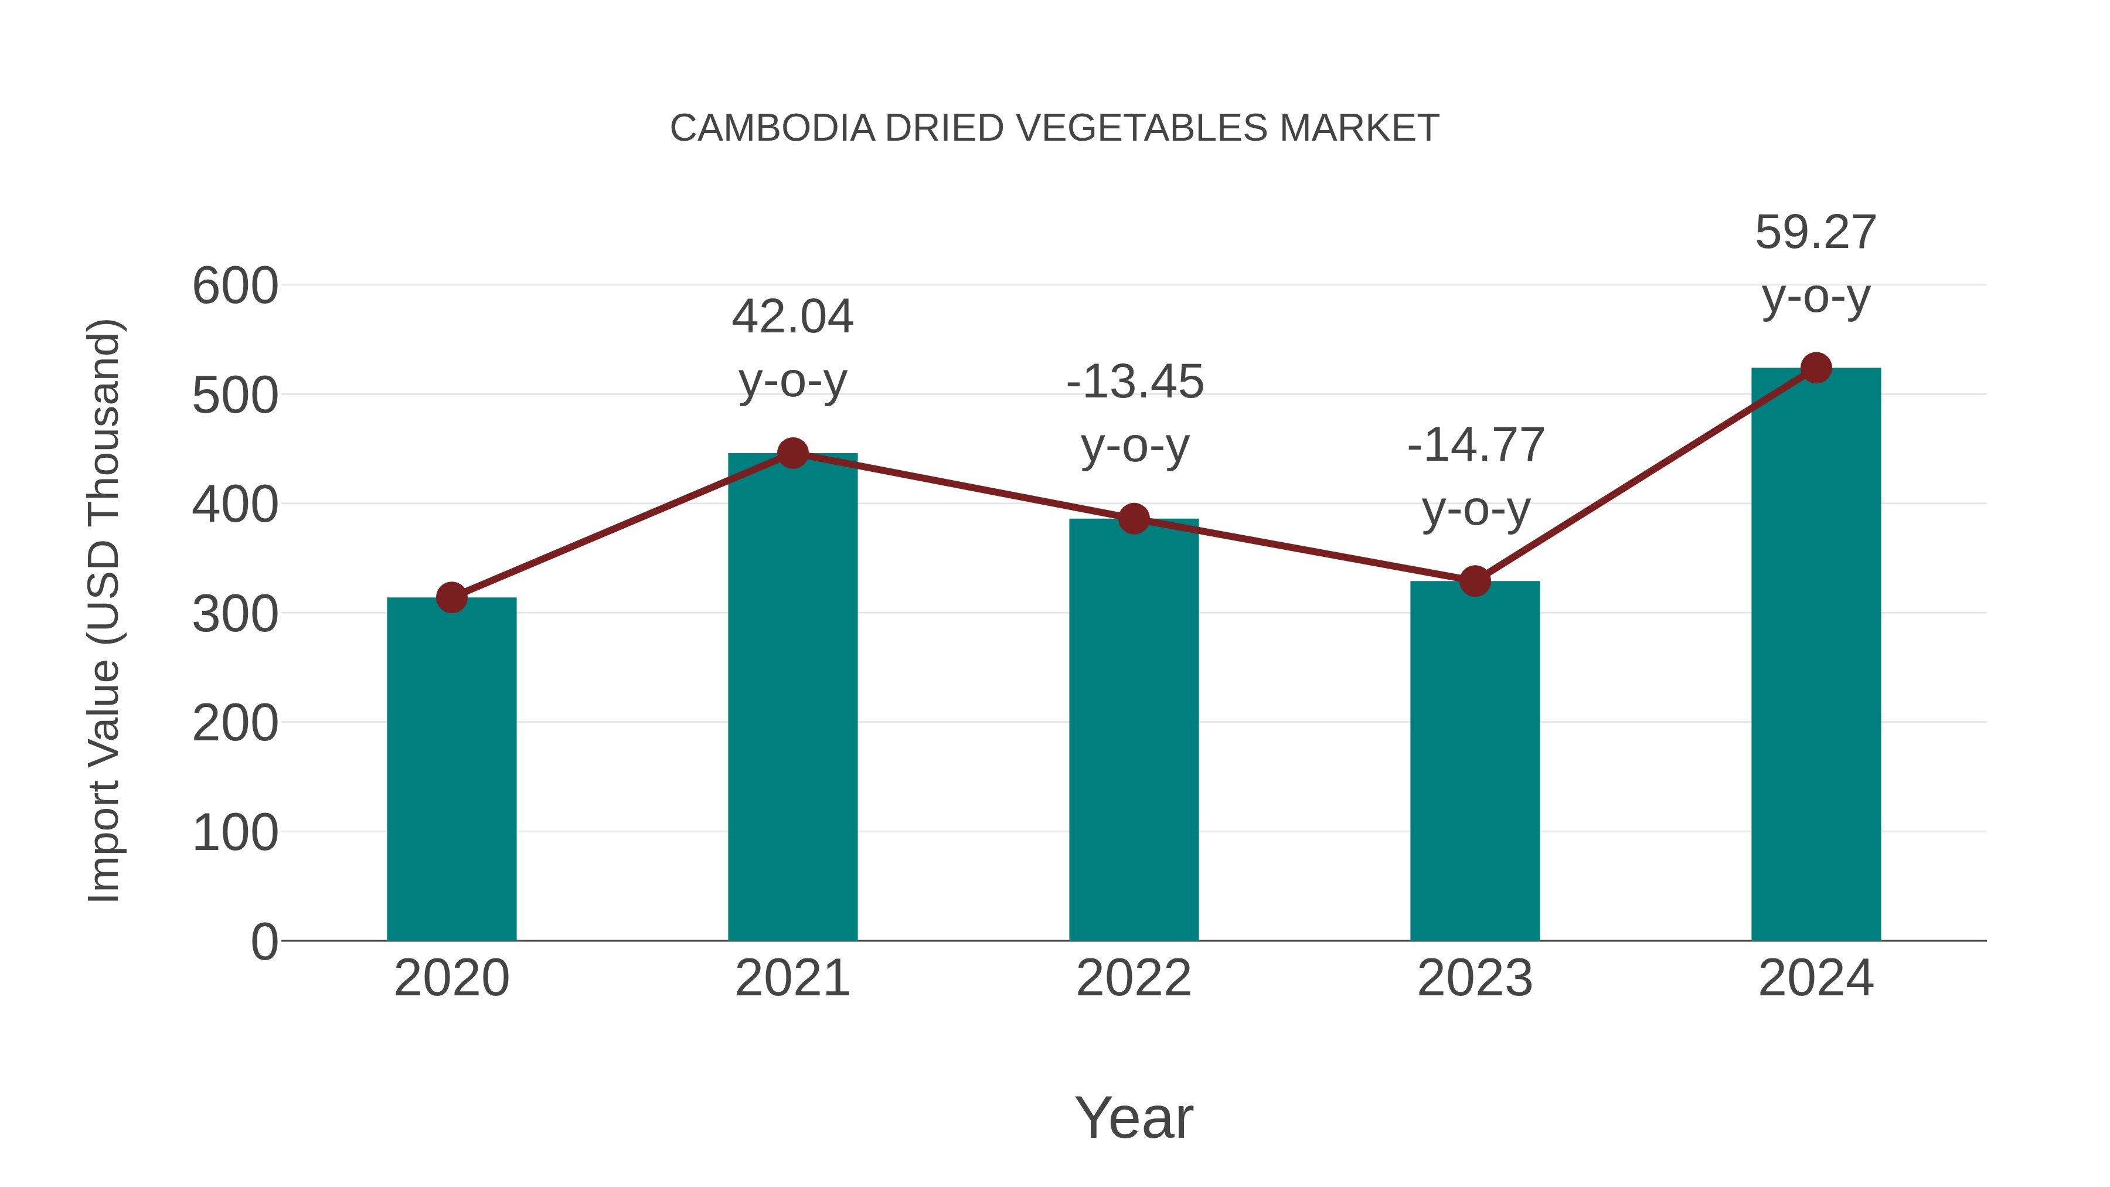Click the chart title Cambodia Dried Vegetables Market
1054,128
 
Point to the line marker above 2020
451,597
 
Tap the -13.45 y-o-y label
1135,414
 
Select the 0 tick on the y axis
264,942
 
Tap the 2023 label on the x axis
1475,978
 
